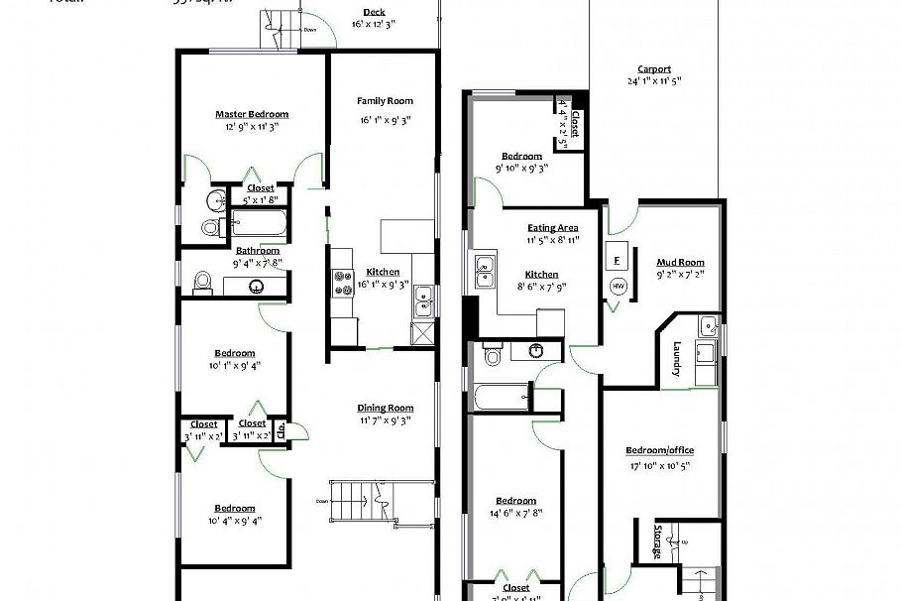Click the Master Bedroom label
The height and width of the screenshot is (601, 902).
coord(252,114)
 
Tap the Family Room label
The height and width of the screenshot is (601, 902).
coord(385,100)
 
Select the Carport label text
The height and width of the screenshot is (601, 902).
coord(653,68)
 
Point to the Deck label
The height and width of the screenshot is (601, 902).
coord(374,12)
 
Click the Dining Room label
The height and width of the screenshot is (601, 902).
coord(385,408)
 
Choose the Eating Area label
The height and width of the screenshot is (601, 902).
coord(553,227)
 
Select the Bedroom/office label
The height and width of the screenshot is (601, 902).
coord(659,451)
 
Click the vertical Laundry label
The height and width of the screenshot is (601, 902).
coord(676,359)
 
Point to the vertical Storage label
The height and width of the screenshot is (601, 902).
coord(657,541)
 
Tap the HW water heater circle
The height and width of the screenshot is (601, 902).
coord(618,286)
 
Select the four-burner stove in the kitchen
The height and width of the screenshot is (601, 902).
coord(344,284)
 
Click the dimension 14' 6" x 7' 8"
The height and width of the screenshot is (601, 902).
coord(516,513)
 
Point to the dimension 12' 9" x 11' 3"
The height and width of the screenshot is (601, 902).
coord(252,126)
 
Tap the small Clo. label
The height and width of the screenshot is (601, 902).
coord(282,430)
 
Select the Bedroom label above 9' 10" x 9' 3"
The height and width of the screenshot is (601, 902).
coord(521,156)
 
